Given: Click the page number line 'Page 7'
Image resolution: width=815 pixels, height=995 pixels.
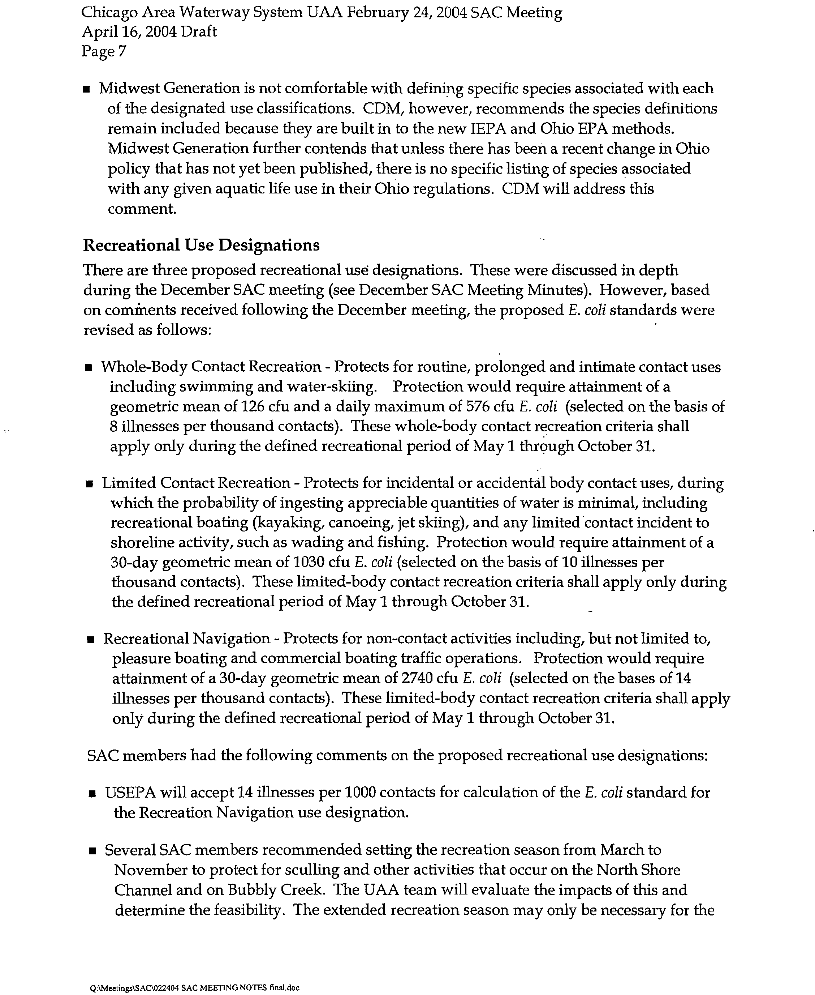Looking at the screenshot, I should (104, 51).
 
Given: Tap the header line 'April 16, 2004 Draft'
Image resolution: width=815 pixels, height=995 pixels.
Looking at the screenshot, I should (149, 31).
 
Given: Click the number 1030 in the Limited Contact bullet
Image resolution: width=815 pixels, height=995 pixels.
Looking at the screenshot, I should (309, 562).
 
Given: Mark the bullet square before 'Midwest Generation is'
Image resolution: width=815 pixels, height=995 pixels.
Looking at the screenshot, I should (86, 89).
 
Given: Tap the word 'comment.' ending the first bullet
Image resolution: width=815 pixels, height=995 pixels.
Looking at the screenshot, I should (142, 209).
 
